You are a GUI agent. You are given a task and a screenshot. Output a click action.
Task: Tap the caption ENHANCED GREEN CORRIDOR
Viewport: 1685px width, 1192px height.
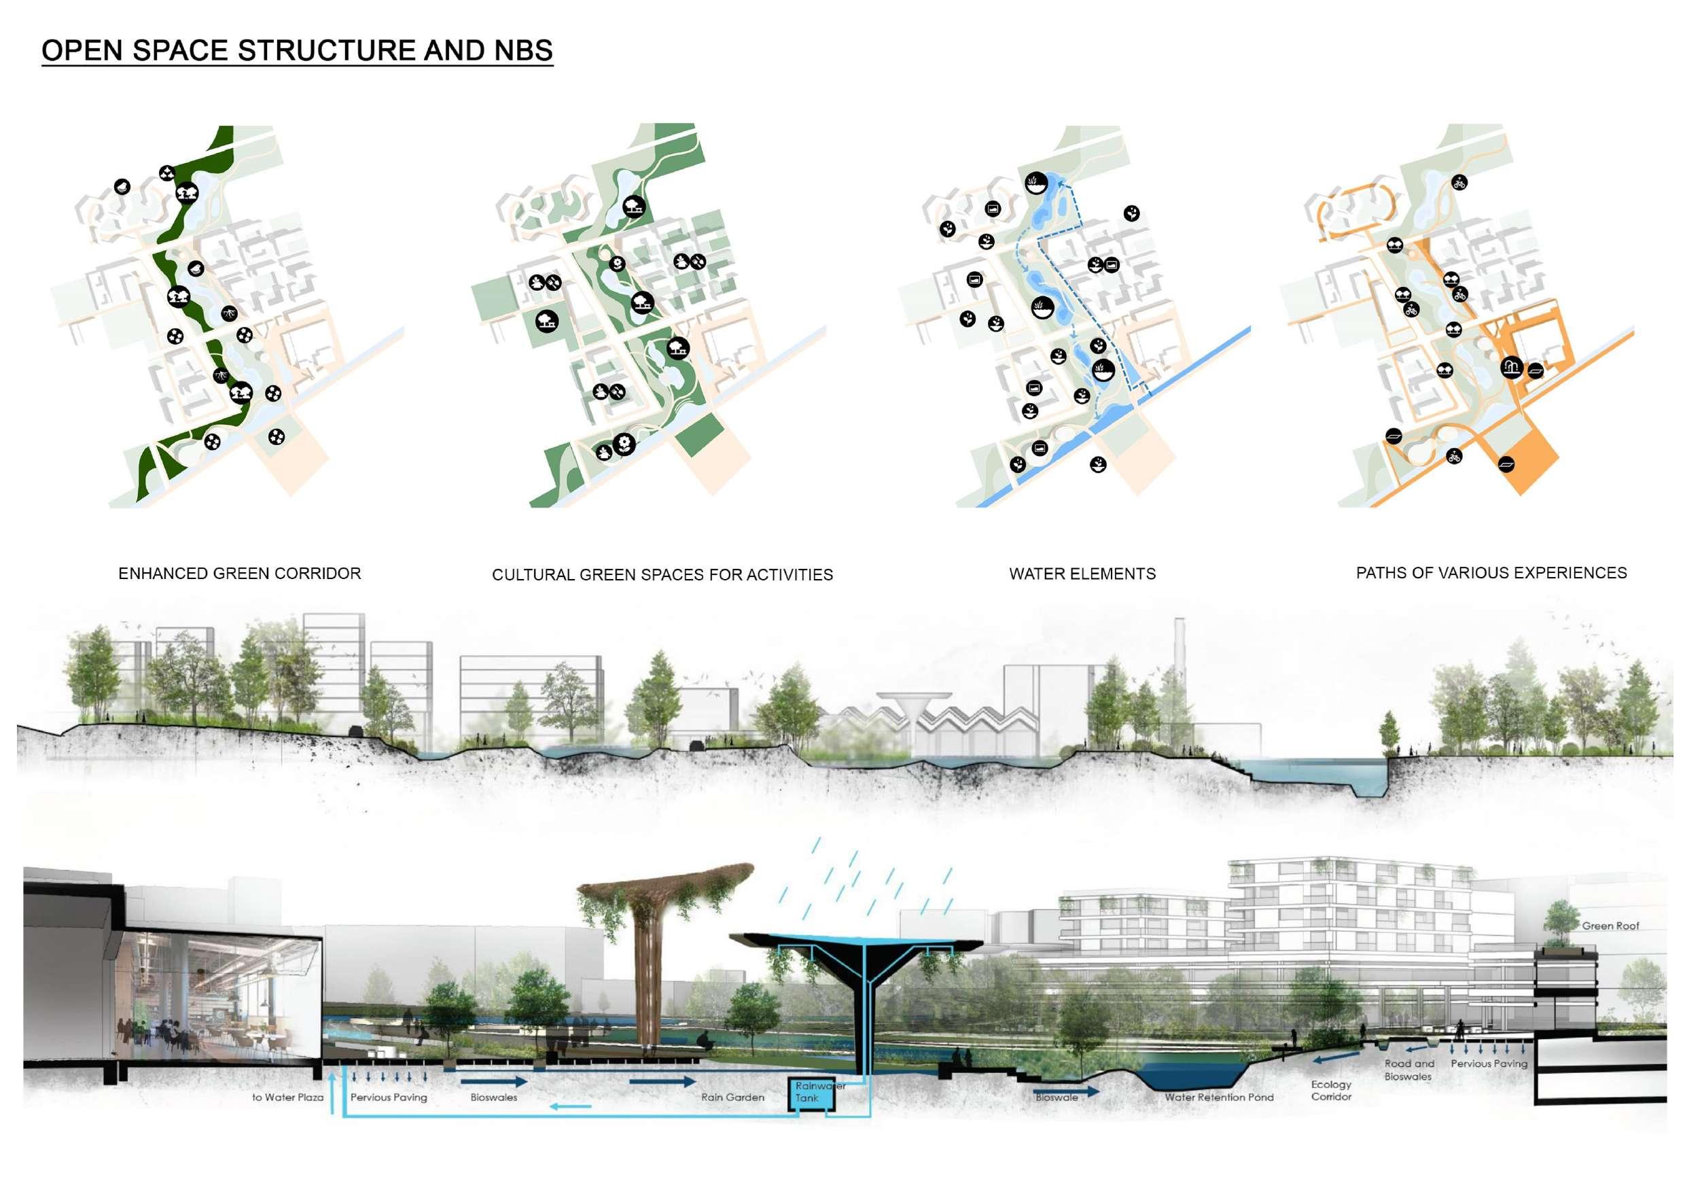(239, 574)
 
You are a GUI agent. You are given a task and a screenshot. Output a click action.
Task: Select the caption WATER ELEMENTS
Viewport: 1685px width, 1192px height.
(1082, 574)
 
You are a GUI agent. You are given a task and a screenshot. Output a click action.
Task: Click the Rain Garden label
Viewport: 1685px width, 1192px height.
(732, 1098)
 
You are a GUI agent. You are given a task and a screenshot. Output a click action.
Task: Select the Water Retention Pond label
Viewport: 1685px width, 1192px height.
(1219, 1098)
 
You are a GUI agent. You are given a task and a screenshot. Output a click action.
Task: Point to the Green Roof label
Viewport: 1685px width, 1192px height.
(1610, 926)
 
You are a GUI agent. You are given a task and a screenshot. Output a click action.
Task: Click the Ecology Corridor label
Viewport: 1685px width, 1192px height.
(1331, 1090)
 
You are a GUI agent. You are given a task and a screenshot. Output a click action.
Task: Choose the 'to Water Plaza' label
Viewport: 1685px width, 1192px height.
(287, 1098)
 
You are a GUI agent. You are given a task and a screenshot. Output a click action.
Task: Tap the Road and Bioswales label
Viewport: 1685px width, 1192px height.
(1409, 1070)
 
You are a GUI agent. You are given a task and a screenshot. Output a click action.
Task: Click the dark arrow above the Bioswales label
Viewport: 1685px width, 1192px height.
(494, 1081)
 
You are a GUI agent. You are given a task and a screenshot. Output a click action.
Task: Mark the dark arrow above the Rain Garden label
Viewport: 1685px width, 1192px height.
(662, 1081)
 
